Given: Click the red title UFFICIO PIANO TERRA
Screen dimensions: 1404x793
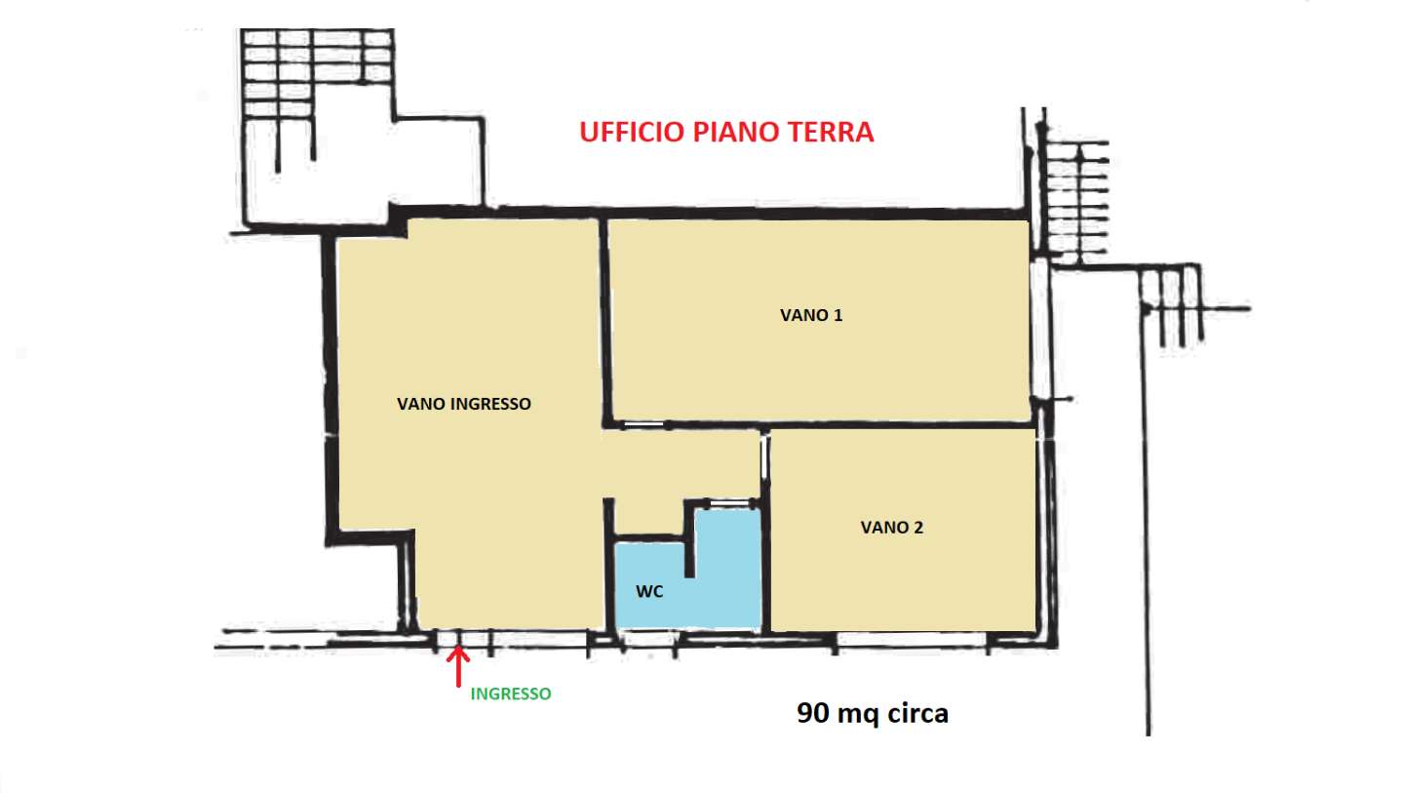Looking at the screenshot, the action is coord(725,132).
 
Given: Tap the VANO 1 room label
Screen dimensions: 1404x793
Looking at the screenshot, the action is coord(811,315).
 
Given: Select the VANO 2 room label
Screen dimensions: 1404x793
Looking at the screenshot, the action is coord(891,528).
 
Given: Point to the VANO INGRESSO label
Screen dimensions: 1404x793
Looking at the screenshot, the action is coord(464,404).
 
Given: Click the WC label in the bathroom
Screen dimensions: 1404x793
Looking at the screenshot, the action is coord(649,591).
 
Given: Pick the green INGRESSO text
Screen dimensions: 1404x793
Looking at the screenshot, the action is coord(511,694).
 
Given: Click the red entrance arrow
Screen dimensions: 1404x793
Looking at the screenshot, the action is coord(458,667).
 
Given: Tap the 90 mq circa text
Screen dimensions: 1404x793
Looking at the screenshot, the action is coord(873,713).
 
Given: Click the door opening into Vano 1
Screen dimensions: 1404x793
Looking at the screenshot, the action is coord(644,425).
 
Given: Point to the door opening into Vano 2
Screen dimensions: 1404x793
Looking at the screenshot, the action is coord(764,457).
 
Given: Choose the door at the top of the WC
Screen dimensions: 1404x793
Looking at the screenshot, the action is coord(729,503).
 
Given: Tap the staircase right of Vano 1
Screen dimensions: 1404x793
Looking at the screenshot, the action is coord(1073,197).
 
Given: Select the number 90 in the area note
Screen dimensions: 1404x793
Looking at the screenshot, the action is coord(813,713).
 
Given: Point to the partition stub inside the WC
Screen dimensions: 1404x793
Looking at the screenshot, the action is coord(689,539).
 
